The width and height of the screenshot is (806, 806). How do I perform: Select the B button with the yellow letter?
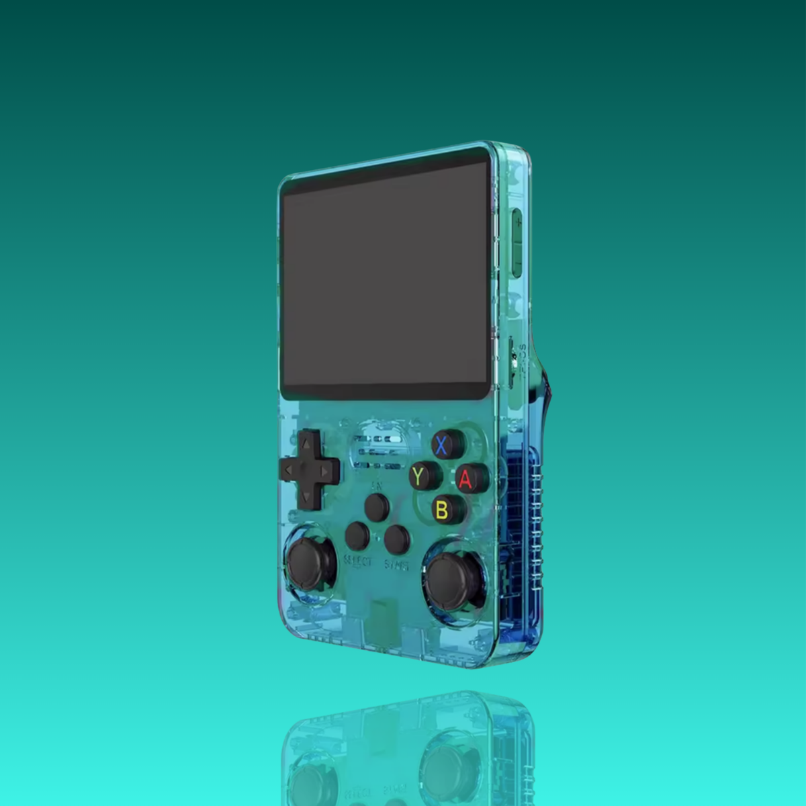[442, 510]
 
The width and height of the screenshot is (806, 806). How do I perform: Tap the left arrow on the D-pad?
[287, 469]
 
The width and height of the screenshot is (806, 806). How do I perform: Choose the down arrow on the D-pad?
[306, 498]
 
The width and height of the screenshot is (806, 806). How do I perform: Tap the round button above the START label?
[397, 538]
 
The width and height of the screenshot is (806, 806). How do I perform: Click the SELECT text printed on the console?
[357, 560]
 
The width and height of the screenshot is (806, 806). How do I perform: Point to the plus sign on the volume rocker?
[518, 221]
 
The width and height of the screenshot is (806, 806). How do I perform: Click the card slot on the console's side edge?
[514, 356]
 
